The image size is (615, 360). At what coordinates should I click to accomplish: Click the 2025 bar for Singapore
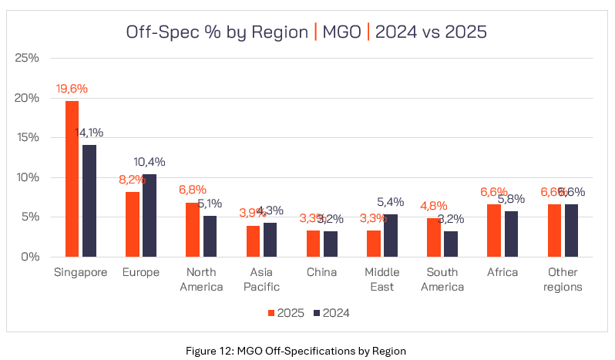tap(72, 179)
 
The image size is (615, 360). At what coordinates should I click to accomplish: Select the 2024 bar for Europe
tap(150, 215)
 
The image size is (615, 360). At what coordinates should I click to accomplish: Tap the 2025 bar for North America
tap(193, 230)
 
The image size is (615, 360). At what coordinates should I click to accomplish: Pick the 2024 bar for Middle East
tap(391, 235)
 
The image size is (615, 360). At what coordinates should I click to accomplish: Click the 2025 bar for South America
tap(434, 237)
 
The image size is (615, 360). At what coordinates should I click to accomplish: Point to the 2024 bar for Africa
tap(511, 234)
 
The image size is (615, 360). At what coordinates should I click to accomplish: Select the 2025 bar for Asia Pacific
tap(253, 241)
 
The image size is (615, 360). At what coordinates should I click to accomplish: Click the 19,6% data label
tap(72, 89)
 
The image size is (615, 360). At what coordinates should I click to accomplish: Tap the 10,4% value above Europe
tap(150, 162)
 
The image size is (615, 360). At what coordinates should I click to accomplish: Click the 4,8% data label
tap(434, 206)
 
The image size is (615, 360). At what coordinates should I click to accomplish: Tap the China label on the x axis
tap(321, 272)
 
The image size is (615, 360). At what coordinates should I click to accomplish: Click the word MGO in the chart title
tap(336, 32)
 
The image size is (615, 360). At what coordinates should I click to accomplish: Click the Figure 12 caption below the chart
tap(307, 350)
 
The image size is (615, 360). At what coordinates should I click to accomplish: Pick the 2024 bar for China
tap(331, 244)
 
